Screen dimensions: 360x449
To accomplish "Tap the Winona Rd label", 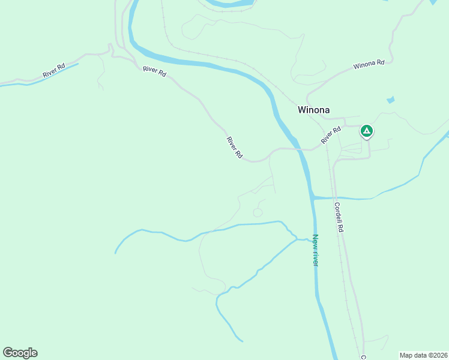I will click(369, 64).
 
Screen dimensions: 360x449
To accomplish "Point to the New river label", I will click(315, 251).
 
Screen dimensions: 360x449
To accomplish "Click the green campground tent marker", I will click(367, 131).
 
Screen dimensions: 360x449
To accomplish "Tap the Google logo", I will click(20, 353).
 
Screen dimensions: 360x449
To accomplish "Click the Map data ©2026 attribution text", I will click(424, 355).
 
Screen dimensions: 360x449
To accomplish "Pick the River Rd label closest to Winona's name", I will click(330, 135).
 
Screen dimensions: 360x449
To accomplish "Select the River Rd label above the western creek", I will click(53, 70).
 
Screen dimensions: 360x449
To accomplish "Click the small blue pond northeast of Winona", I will click(391, 100).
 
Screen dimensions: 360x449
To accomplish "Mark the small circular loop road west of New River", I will click(258, 212).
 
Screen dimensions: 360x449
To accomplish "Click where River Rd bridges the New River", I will click(298, 149).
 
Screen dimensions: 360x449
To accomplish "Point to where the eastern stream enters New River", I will click(313, 197).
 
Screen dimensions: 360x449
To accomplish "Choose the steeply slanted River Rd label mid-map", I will click(234, 148).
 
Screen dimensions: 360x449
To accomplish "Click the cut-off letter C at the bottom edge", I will click(364, 356).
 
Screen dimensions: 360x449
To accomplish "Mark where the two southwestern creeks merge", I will click(297, 239).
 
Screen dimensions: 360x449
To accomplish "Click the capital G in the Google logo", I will click(8, 353).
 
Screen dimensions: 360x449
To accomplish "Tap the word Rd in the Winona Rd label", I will click(379, 62).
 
